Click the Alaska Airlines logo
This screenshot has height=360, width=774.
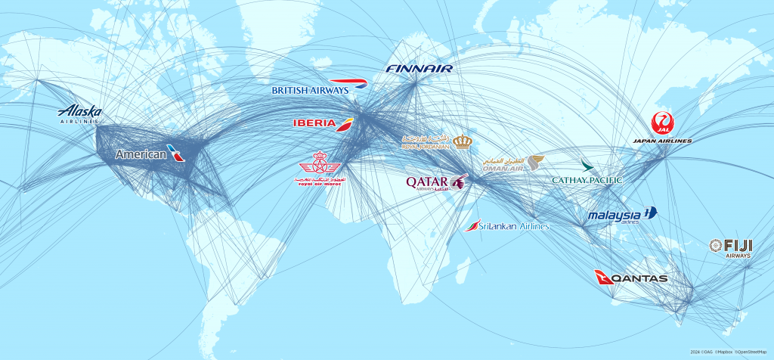point(79,113)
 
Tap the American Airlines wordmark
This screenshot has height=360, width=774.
point(141,154)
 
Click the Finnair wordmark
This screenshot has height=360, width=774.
point(419,69)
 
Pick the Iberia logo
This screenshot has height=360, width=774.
point(323,123)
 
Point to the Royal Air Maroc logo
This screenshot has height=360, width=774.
point(320,172)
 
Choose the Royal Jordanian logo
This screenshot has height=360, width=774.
point(437,141)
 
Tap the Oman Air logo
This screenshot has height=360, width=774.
point(513,164)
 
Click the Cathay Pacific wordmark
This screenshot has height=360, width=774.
point(587,180)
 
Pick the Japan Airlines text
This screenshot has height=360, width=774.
point(662,141)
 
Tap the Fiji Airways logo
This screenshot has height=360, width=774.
point(730,247)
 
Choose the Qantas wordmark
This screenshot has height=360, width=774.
point(639,278)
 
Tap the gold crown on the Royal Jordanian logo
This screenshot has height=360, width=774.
point(463,141)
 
